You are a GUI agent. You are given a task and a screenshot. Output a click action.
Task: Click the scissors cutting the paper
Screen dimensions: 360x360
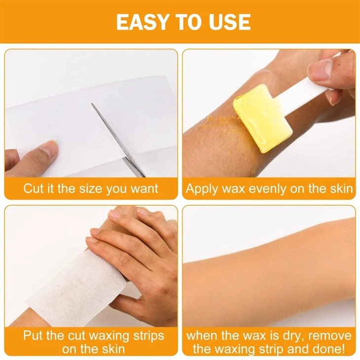click(x=119, y=140)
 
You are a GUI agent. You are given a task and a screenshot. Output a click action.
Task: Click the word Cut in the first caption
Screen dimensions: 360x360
click(x=33, y=188)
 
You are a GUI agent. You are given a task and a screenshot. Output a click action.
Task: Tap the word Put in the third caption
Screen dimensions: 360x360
click(x=34, y=335)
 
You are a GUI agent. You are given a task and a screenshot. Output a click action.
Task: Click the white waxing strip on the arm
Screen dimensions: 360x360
click(x=78, y=289)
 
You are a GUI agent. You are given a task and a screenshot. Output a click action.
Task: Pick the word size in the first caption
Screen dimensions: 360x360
click(x=90, y=188)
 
